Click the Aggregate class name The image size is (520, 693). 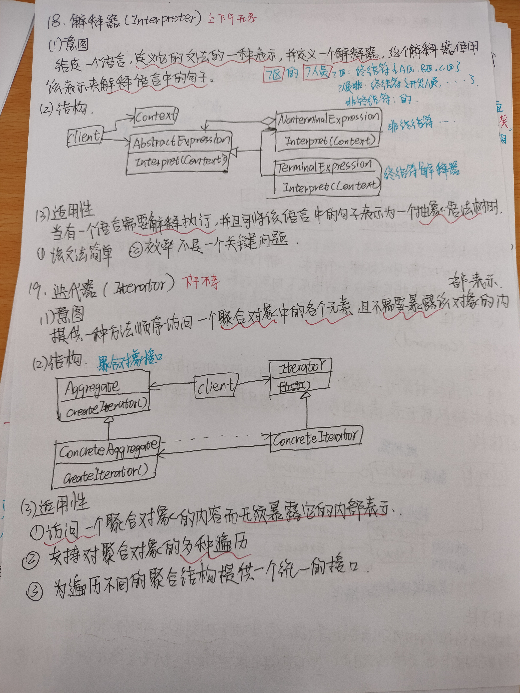click(x=93, y=388)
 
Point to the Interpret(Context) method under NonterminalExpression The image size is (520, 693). click(x=329, y=141)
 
